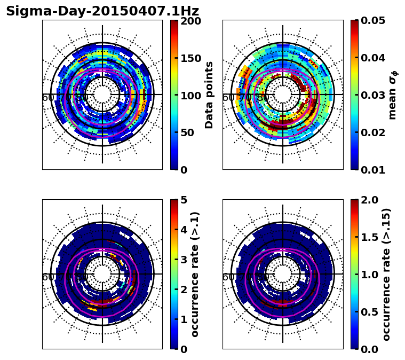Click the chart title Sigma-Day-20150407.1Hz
pyautogui.click(x=102, y=11)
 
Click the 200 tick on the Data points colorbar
pyautogui.click(x=190, y=21)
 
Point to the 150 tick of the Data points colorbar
pyautogui.click(x=190, y=58)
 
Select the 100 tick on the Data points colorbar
pyautogui.click(x=190, y=96)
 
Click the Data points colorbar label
pyautogui.click(x=209, y=95)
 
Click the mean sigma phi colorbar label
pyautogui.click(x=393, y=95)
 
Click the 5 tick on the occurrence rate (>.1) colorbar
pyautogui.click(x=184, y=201)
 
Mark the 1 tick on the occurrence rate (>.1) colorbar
pyautogui.click(x=184, y=319)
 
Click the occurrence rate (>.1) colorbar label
pyautogui.click(x=195, y=275)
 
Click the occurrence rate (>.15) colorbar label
pyautogui.click(x=387, y=275)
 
